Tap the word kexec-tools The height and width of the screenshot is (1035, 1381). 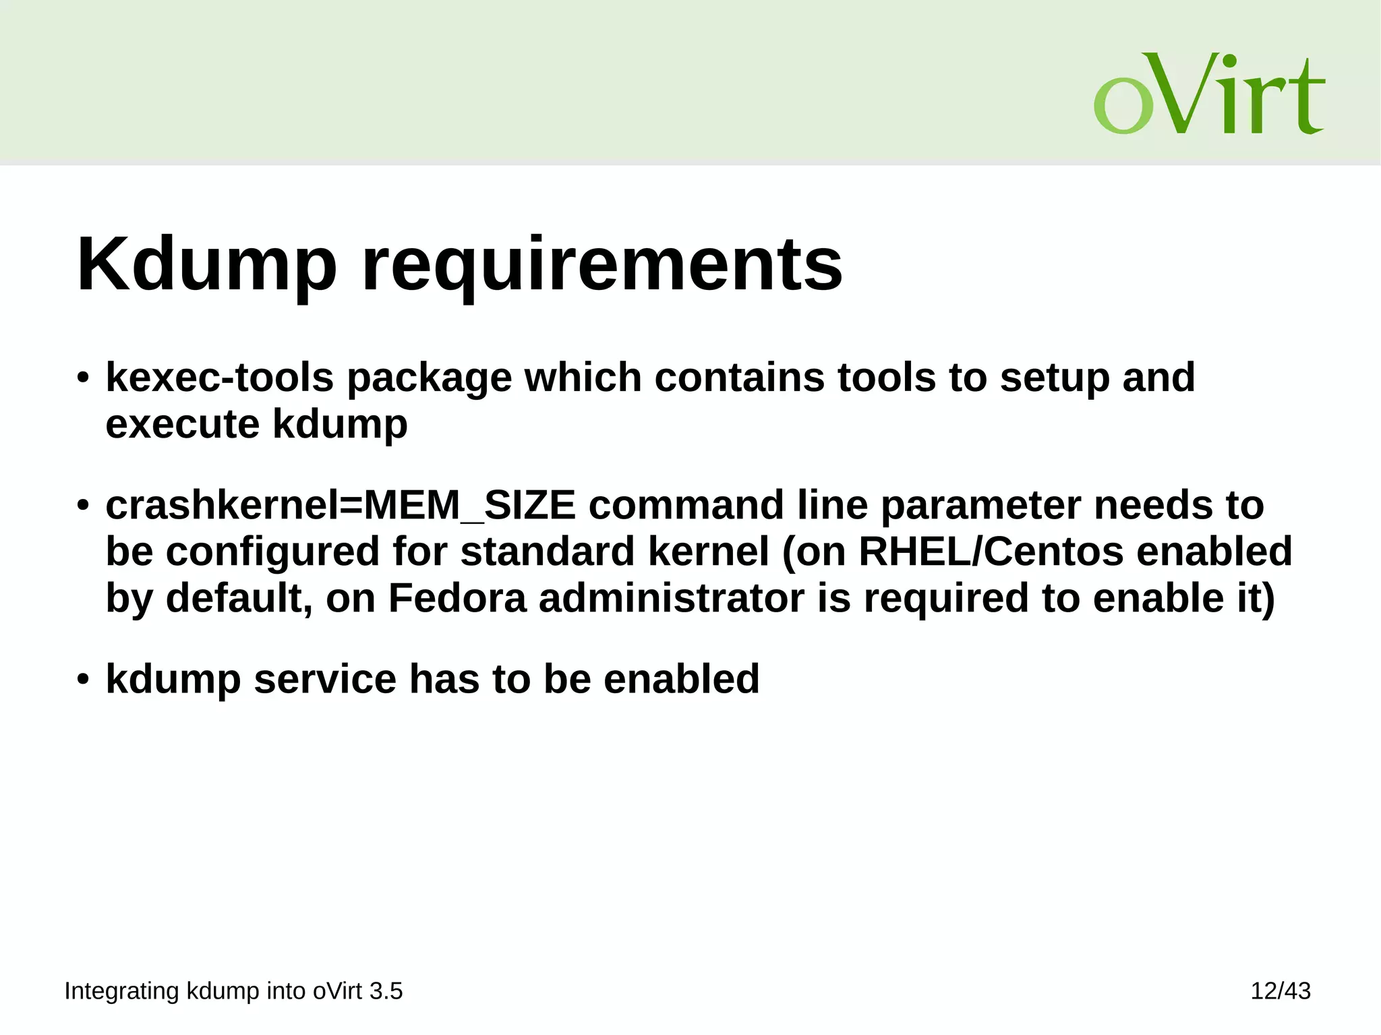click(x=219, y=377)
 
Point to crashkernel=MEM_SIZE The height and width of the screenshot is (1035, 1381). click(x=341, y=505)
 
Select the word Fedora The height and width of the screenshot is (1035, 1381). click(x=457, y=597)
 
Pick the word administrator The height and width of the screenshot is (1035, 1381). click(x=671, y=597)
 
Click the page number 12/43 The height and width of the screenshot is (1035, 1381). click(x=1280, y=990)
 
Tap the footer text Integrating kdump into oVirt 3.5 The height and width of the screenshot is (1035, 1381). click(x=233, y=990)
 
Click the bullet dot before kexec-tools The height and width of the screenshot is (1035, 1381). click(x=82, y=378)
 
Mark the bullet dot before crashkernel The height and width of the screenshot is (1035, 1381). click(x=82, y=506)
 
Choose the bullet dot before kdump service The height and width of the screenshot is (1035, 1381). click(x=82, y=679)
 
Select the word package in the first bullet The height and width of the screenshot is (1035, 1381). click(x=429, y=378)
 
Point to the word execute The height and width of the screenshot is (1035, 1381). click(x=183, y=424)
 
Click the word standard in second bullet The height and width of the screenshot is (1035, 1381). click(x=548, y=551)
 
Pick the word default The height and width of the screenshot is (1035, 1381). click(x=239, y=597)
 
